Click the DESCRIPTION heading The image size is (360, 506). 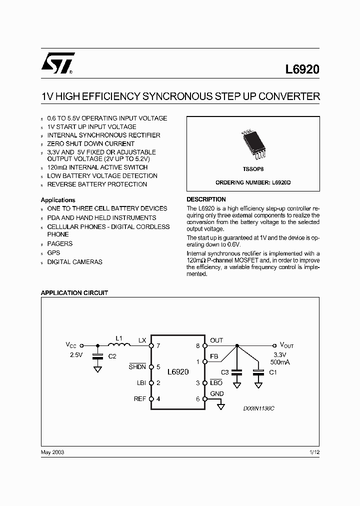[x=206, y=199]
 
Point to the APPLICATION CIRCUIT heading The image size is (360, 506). [x=74, y=293]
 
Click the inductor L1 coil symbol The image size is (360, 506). [x=118, y=344]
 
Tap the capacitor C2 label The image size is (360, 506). [x=112, y=356]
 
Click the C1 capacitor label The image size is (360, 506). [x=272, y=372]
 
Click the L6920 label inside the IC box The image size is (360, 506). [x=178, y=372]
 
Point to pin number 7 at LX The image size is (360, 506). [x=158, y=345]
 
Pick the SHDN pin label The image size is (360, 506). [x=137, y=367]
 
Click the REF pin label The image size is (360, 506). [x=140, y=399]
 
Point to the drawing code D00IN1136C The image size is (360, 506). [x=258, y=408]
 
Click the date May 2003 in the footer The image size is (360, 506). [x=52, y=451]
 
